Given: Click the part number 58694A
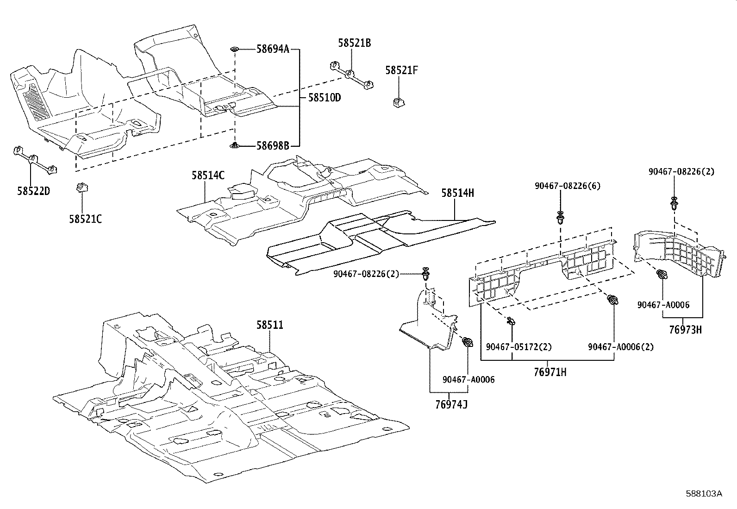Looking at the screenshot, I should click(273, 48).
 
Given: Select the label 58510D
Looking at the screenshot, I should click(325, 98).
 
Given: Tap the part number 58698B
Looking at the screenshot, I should click(273, 146).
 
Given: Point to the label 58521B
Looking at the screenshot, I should click(354, 43).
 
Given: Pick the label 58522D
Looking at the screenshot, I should click(33, 191).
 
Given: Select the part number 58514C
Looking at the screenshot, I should click(208, 175).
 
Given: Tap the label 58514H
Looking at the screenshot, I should click(457, 193).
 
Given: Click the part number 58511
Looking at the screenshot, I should click(270, 325).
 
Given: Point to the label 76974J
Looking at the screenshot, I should click(451, 404).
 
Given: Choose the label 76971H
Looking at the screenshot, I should click(550, 371).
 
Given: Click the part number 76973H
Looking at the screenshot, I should click(685, 330).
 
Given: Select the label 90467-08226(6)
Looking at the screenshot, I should click(568, 186).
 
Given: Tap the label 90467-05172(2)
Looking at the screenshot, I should click(519, 346).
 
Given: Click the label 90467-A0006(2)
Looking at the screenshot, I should click(621, 346).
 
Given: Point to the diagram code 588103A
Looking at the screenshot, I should click(704, 494).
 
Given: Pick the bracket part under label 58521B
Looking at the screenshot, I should click(351, 75).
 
